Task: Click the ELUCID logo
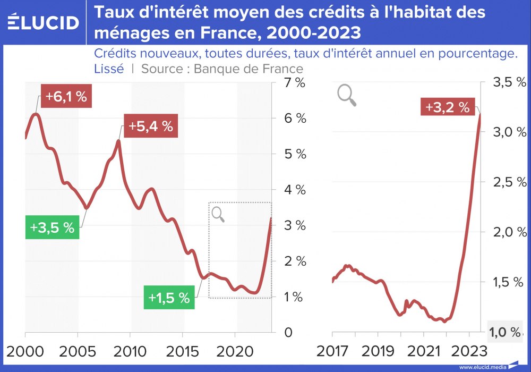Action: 44,22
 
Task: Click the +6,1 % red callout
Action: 66,97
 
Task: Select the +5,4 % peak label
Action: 150,126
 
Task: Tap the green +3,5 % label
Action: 52,227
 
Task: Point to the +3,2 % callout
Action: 448,107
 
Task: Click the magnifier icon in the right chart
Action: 346,95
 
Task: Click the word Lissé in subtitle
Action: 109,69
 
